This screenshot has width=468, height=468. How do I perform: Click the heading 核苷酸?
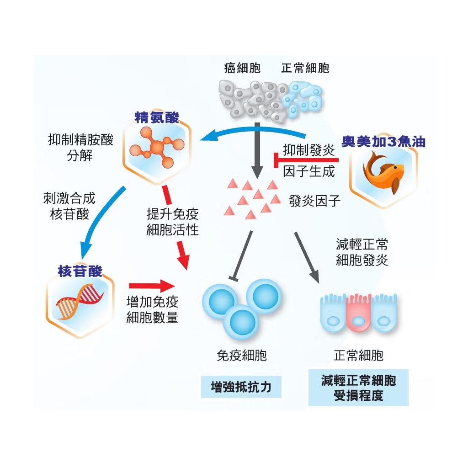pyautogui.click(x=80, y=271)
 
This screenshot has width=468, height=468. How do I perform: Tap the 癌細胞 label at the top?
pyautogui.click(x=242, y=69)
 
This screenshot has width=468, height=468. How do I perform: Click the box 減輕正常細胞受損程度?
pyautogui.click(x=358, y=388)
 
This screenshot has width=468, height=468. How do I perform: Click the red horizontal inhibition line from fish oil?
pyautogui.click(x=306, y=160)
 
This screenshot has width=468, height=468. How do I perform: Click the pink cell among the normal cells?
pyautogui.click(x=358, y=315)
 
